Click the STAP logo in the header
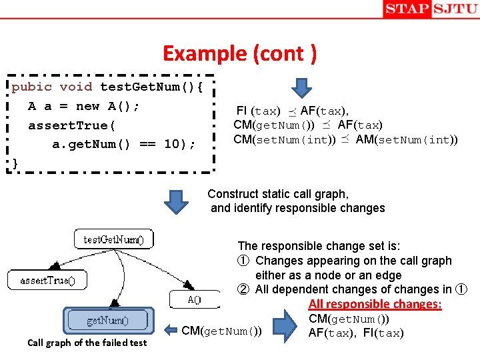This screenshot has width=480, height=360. coord(407,9)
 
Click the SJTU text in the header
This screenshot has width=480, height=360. coord(455,9)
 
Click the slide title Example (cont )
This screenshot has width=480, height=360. coord(240,53)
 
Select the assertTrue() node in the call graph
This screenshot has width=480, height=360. coord(47,281)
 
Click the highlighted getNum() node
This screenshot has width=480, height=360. coord(108,321)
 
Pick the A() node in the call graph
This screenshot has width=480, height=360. coord(194,299)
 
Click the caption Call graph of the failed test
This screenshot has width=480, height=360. coord(87,343)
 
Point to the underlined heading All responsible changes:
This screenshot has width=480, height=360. coord(375,304)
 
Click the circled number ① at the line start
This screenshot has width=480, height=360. coord(244,261)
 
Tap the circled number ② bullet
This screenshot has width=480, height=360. coord(244,289)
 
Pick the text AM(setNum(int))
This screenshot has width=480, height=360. coord(407,139)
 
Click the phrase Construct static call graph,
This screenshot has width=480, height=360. coord(278,194)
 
